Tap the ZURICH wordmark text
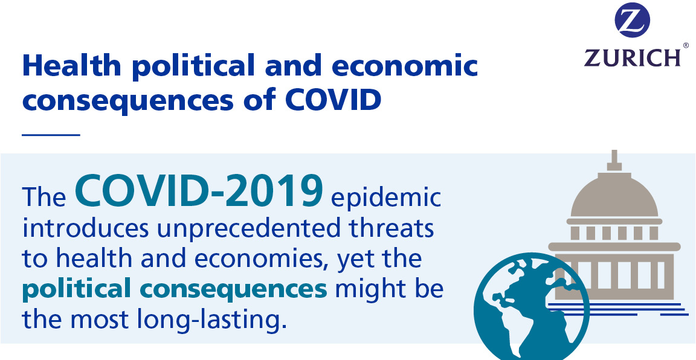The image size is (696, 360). [632, 58]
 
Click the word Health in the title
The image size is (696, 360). [72, 65]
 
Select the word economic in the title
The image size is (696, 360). [404, 65]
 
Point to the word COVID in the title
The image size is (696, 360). [332, 99]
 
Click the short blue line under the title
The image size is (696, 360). [51, 135]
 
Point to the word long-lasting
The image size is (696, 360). [210, 320]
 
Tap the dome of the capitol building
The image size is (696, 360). [614, 195]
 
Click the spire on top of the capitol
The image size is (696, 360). [614, 160]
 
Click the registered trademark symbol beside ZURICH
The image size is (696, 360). [686, 45]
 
